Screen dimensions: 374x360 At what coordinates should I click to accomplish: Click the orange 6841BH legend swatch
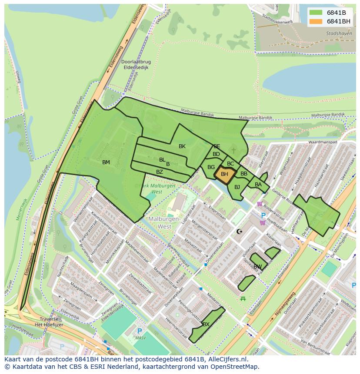click(x=316, y=21)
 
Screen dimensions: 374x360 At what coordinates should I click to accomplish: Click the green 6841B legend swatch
click(x=316, y=12)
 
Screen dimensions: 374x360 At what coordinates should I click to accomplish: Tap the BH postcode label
click(x=224, y=174)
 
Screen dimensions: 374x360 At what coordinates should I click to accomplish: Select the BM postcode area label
click(x=106, y=162)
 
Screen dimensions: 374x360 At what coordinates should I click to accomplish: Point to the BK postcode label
click(x=182, y=146)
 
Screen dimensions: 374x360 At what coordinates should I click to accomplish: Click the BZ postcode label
click(x=160, y=172)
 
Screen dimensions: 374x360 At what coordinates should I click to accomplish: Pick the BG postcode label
click(x=211, y=167)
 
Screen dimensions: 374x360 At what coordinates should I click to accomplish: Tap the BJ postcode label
click(x=237, y=187)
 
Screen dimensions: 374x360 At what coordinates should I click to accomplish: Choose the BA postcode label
click(x=258, y=185)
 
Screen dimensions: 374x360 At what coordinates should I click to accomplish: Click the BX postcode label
click(x=206, y=324)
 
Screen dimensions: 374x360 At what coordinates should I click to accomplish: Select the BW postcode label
click(x=258, y=267)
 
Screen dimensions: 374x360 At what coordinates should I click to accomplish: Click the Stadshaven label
click(x=339, y=33)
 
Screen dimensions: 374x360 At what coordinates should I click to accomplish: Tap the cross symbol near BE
click(x=233, y=151)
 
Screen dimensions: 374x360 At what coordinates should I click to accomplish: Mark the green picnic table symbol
click(x=243, y=298)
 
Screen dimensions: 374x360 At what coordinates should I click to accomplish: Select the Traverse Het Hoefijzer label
click(x=38, y=322)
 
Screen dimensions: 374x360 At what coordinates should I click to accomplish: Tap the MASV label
click(x=140, y=338)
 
